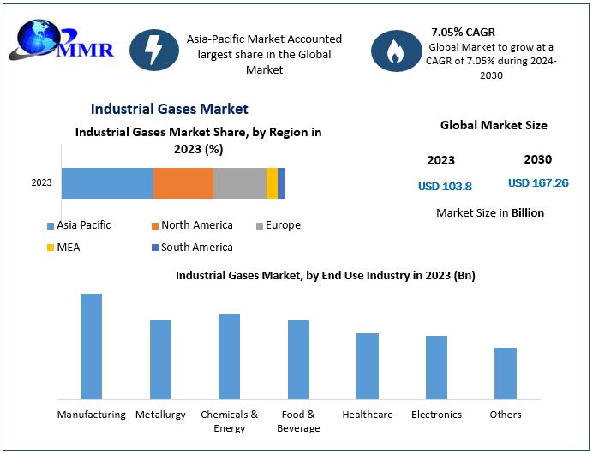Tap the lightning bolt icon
click(x=153, y=52)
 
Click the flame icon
click(x=395, y=51)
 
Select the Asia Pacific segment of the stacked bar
click(x=107, y=182)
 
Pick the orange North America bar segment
click(x=183, y=182)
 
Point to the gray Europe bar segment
click(x=240, y=182)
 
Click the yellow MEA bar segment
click(x=272, y=182)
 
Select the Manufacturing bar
click(x=91, y=346)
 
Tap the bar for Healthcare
click(x=368, y=366)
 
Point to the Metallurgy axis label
click(x=160, y=415)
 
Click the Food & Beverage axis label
click(x=299, y=421)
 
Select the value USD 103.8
click(x=445, y=186)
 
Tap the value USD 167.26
click(x=538, y=183)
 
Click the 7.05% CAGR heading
click(x=464, y=33)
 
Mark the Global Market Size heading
click(x=494, y=125)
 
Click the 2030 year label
click(x=538, y=159)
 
